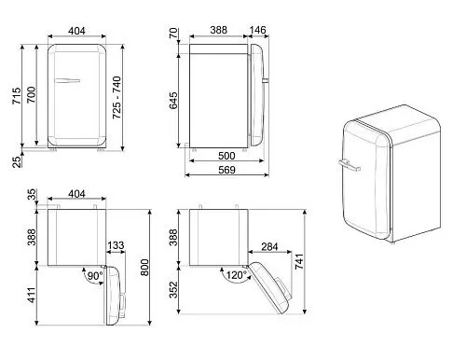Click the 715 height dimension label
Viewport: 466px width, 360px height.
click(x=16, y=96)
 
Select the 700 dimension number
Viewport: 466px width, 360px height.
click(x=31, y=95)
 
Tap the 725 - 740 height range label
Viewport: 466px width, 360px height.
click(x=116, y=97)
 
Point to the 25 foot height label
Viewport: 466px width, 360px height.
click(x=17, y=162)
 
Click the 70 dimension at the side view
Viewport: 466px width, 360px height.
click(x=173, y=33)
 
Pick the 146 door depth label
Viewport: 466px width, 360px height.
click(x=258, y=30)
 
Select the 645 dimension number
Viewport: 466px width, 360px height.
click(x=173, y=101)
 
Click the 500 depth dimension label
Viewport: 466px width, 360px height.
click(x=226, y=156)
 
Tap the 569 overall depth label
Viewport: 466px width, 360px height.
click(x=226, y=170)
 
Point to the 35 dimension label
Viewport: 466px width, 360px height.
click(x=32, y=194)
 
